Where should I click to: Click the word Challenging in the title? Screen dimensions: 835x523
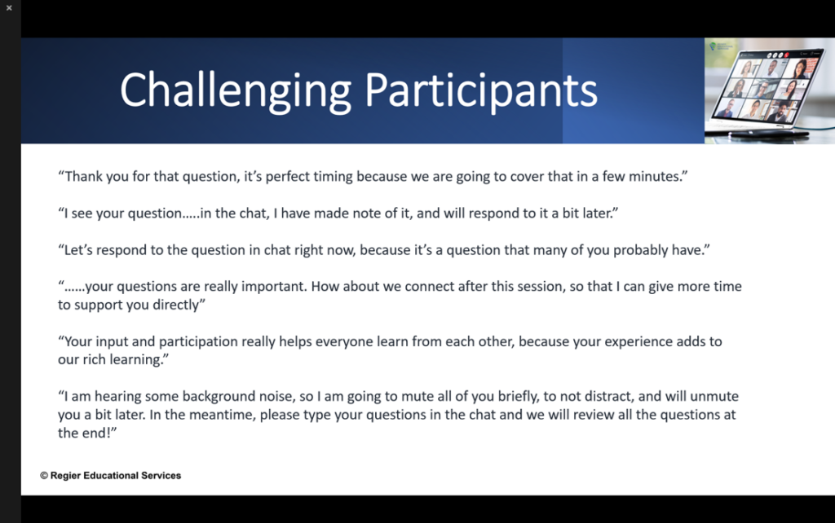(x=236, y=92)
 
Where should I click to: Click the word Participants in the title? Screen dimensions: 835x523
(x=481, y=92)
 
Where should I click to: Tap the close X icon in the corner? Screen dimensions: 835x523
(x=9, y=8)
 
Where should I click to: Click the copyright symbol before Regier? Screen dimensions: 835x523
(x=44, y=476)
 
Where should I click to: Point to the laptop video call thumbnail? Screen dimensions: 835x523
(x=770, y=90)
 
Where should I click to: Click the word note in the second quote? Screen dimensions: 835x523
(x=368, y=213)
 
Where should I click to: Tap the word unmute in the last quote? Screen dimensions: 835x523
(x=714, y=397)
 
